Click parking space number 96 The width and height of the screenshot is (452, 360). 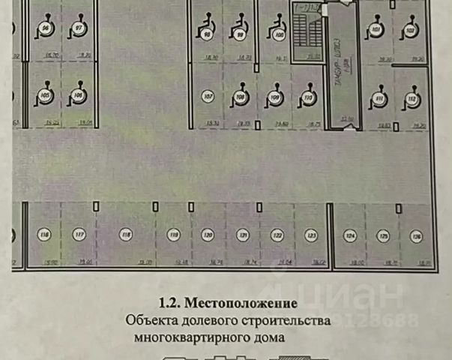pyautogui.click(x=46, y=28)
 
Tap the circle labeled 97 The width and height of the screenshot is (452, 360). pyautogui.click(x=79, y=28)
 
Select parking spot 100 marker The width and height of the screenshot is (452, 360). pyautogui.click(x=280, y=34)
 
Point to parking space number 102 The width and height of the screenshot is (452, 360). pyautogui.click(x=410, y=30)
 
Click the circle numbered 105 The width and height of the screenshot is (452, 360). pyautogui.click(x=45, y=96)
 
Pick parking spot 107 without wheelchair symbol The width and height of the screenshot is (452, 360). pyautogui.click(x=208, y=97)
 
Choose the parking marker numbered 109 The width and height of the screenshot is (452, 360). pyautogui.click(x=275, y=97)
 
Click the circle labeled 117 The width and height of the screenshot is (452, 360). pyautogui.click(x=79, y=235)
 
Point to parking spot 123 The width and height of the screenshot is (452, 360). pyautogui.click(x=310, y=235)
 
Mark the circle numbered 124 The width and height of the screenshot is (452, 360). pyautogui.click(x=349, y=236)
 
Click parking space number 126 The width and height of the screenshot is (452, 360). pyautogui.click(x=416, y=236)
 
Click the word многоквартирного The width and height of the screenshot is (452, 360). pyautogui.click(x=190, y=337)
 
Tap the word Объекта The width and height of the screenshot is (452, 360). pyautogui.click(x=149, y=321)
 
